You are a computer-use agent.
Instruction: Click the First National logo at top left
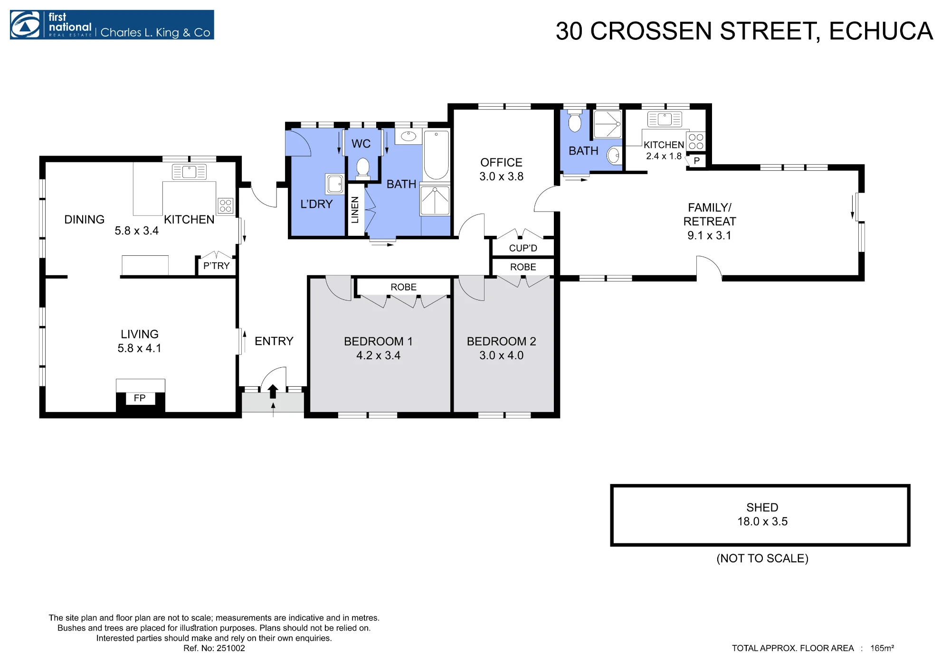pyautogui.click(x=112, y=25)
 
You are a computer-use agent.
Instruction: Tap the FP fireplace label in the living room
pyautogui.click(x=140, y=398)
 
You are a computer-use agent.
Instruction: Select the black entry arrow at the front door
pyautogui.click(x=273, y=391)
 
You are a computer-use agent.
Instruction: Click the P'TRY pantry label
pyautogui.click(x=216, y=266)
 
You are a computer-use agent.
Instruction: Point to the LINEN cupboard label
pyautogui.click(x=355, y=210)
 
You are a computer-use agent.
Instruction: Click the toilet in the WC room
pyautogui.click(x=363, y=168)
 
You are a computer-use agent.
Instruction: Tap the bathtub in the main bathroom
pyautogui.click(x=436, y=155)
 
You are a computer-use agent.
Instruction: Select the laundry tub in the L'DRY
pyautogui.click(x=335, y=184)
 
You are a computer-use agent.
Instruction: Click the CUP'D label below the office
pyautogui.click(x=523, y=248)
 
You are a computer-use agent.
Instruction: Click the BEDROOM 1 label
pyautogui.click(x=378, y=341)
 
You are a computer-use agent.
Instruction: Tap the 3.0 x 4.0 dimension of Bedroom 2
pyautogui.click(x=501, y=355)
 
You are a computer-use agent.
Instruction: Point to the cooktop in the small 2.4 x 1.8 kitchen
pyautogui.click(x=696, y=141)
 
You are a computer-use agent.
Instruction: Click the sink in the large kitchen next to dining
pyautogui.click(x=189, y=172)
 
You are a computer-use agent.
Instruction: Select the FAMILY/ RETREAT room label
pyautogui.click(x=710, y=214)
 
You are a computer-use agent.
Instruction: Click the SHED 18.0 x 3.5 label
pyautogui.click(x=762, y=514)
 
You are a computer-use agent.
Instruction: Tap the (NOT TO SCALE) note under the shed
pyautogui.click(x=762, y=559)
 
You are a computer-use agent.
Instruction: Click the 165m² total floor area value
pyautogui.click(x=882, y=648)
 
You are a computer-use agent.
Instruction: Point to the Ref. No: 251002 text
pyautogui.click(x=214, y=648)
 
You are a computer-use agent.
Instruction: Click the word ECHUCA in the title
pyautogui.click(x=881, y=31)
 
